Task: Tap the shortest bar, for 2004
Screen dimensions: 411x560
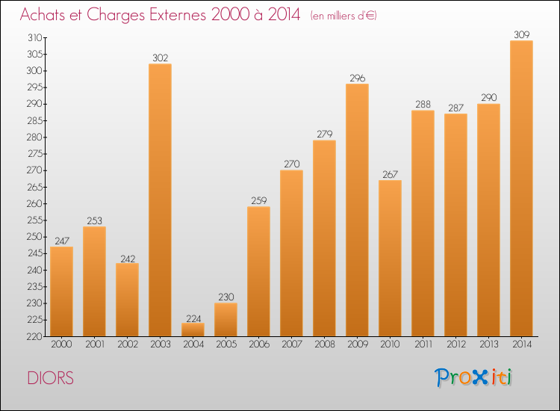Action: [x=193, y=330]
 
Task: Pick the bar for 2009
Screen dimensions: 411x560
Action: [x=357, y=210]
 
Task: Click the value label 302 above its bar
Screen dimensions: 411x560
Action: [x=160, y=57]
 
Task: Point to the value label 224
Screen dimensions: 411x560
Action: [x=193, y=316]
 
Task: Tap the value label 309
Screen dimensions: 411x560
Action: [x=521, y=34]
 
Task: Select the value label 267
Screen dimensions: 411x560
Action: [x=390, y=173]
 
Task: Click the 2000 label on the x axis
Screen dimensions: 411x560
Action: [x=61, y=344]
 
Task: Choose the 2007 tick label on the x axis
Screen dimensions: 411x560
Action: [x=291, y=344]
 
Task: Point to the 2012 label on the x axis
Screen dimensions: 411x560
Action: [x=455, y=344]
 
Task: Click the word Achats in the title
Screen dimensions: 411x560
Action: [x=43, y=15]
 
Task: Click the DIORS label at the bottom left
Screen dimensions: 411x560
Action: [x=50, y=378]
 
